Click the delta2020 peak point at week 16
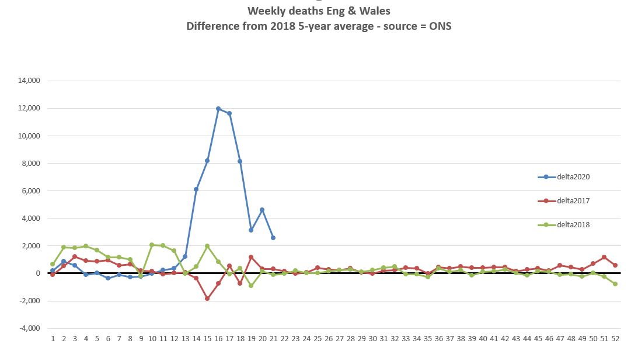point(218,109)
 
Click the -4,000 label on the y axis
point(30,328)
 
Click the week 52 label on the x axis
point(615,338)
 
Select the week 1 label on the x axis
point(53,338)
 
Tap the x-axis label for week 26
point(328,338)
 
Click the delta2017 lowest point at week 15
point(207,299)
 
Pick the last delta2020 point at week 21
point(273,238)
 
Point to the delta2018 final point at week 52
point(615,284)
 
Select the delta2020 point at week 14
point(196,189)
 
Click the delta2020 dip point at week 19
point(251,230)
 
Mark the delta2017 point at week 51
point(604,257)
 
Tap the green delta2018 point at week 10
point(152,245)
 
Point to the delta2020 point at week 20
point(262,210)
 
